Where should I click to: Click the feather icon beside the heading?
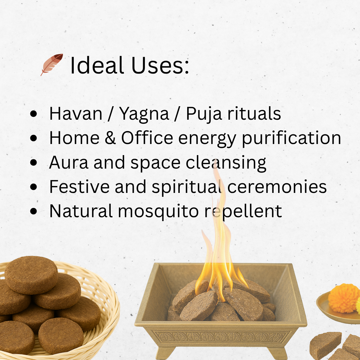point(52,64)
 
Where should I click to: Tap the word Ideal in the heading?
point(97,65)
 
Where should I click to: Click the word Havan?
point(76,114)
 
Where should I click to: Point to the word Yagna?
point(144,114)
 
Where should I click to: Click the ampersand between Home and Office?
point(110,138)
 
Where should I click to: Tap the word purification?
point(291,138)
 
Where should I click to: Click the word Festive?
point(79,187)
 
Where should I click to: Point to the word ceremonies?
point(277,187)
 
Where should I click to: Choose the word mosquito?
point(158,211)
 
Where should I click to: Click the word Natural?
point(81,211)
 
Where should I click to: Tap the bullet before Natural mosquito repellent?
point(34,211)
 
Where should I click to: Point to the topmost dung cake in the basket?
point(31,274)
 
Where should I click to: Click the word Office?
point(147,138)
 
